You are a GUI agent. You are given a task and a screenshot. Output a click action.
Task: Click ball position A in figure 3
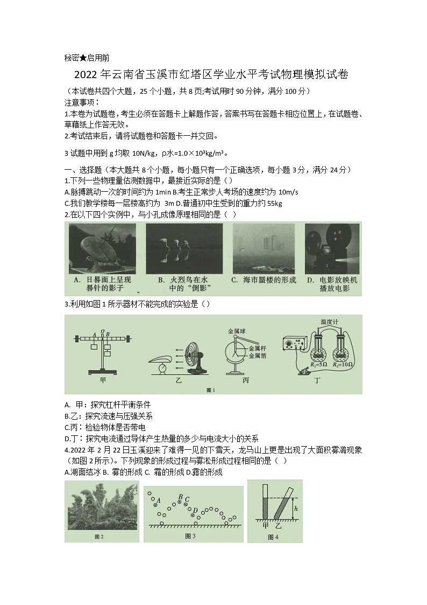(158, 502)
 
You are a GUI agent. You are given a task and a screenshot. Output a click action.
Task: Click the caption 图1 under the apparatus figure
(211, 390)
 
